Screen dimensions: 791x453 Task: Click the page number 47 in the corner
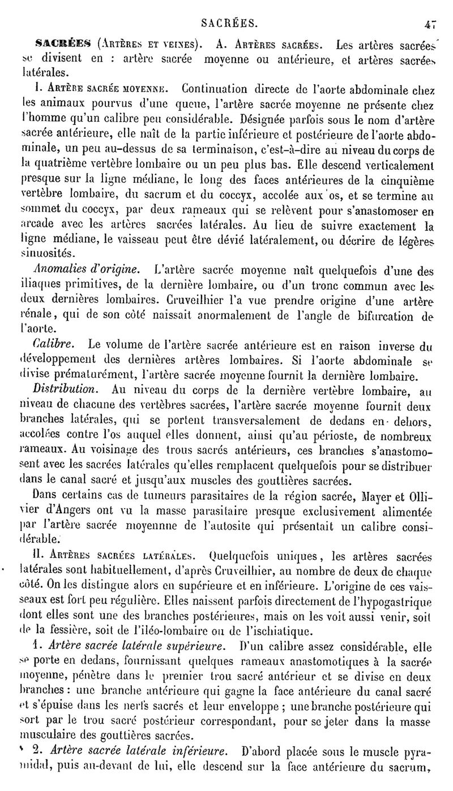(431, 23)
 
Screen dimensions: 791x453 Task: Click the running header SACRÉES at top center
(229, 23)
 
